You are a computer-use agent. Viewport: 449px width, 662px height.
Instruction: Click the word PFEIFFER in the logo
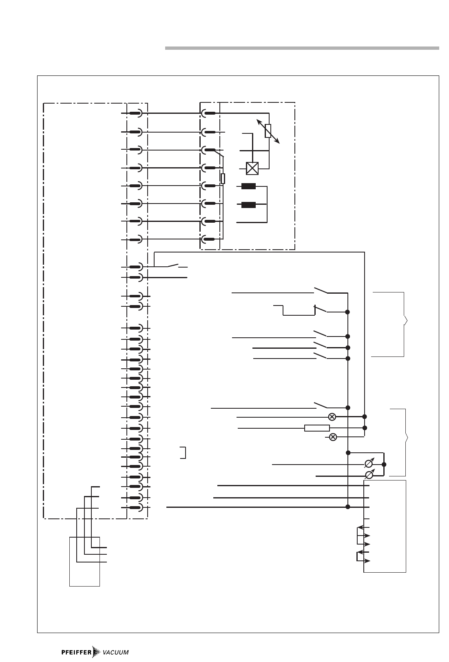pos(75,652)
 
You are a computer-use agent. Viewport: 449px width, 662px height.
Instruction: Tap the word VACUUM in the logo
pos(115,652)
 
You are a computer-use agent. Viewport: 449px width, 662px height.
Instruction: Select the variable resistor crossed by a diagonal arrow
pos(268,131)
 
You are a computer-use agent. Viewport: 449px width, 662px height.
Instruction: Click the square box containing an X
pos(252,168)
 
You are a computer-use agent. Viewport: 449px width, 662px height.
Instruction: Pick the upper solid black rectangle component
pos(248,186)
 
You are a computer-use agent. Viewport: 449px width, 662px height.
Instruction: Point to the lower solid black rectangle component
pos(248,205)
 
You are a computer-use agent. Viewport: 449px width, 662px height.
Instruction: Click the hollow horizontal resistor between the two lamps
pos(317,428)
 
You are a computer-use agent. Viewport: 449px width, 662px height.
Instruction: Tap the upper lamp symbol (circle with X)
pos(332,417)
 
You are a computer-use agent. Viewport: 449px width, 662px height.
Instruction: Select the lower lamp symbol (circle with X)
pos(333,437)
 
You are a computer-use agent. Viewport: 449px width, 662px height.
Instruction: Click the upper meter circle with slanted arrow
pos(369,464)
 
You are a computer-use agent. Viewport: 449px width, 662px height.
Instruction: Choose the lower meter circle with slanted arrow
pos(369,475)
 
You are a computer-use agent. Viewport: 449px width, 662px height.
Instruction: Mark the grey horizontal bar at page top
pos(302,48)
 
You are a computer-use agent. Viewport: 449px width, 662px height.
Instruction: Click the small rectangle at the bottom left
pos(84,562)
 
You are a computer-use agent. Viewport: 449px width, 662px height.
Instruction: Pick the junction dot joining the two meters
pos(384,465)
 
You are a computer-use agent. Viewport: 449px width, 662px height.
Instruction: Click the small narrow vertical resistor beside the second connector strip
pos(223,178)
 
